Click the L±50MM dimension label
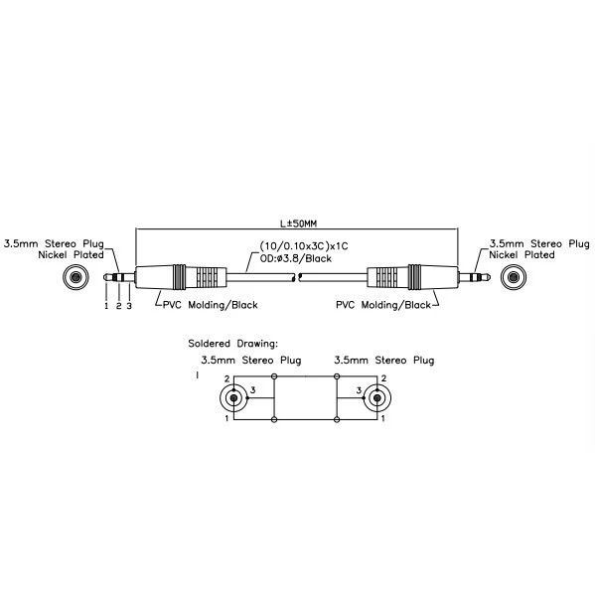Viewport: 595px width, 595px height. point(298,223)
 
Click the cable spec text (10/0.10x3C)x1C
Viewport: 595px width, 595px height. point(304,246)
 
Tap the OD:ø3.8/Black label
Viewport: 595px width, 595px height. point(296,258)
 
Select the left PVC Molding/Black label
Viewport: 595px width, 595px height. point(211,305)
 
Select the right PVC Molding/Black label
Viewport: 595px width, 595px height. point(383,305)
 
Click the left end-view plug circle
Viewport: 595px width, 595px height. point(75,277)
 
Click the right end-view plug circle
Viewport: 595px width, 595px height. point(514,277)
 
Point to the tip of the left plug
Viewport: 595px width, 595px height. point(104,277)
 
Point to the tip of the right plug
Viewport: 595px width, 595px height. point(490,277)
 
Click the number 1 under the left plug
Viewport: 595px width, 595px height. point(106,306)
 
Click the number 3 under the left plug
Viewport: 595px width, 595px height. point(129,306)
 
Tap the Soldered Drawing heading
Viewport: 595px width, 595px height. point(233,344)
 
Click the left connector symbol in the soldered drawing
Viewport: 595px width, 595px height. point(233,397)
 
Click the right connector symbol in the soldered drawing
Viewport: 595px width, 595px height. point(377,397)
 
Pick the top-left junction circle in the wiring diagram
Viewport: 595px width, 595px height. point(274,376)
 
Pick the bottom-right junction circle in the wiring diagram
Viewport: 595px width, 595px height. point(336,420)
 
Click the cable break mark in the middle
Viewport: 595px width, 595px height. point(298,277)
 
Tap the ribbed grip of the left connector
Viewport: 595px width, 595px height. point(208,277)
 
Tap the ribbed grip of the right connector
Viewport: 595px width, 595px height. point(386,277)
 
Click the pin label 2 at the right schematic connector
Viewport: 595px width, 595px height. point(383,378)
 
